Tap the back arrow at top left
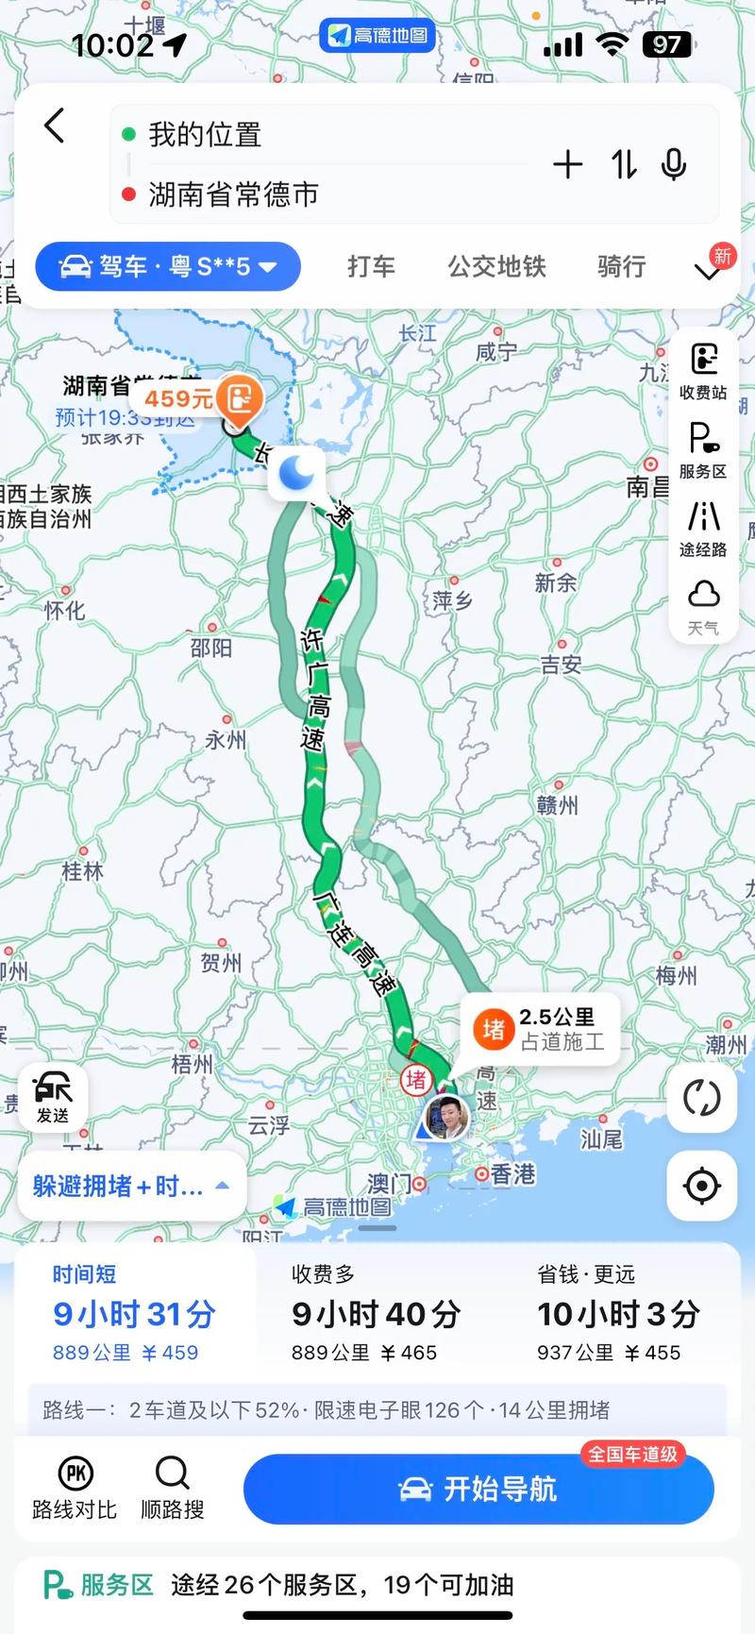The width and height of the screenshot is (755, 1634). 55,126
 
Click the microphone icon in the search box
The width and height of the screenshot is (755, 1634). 673,165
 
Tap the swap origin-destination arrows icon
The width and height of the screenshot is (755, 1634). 624,165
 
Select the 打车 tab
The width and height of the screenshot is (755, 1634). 371,267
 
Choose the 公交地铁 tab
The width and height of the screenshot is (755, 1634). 496,267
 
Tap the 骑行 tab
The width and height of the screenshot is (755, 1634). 621,267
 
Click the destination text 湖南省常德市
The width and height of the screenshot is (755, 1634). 233,194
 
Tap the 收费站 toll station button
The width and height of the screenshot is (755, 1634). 703,371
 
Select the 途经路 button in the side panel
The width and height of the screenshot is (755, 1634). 703,528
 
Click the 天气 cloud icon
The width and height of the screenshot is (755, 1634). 703,606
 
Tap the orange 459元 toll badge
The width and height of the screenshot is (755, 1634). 196,398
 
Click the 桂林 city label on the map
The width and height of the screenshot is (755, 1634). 82,870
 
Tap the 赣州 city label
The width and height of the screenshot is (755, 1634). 557,805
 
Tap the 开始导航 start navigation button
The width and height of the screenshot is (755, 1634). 478,1489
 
